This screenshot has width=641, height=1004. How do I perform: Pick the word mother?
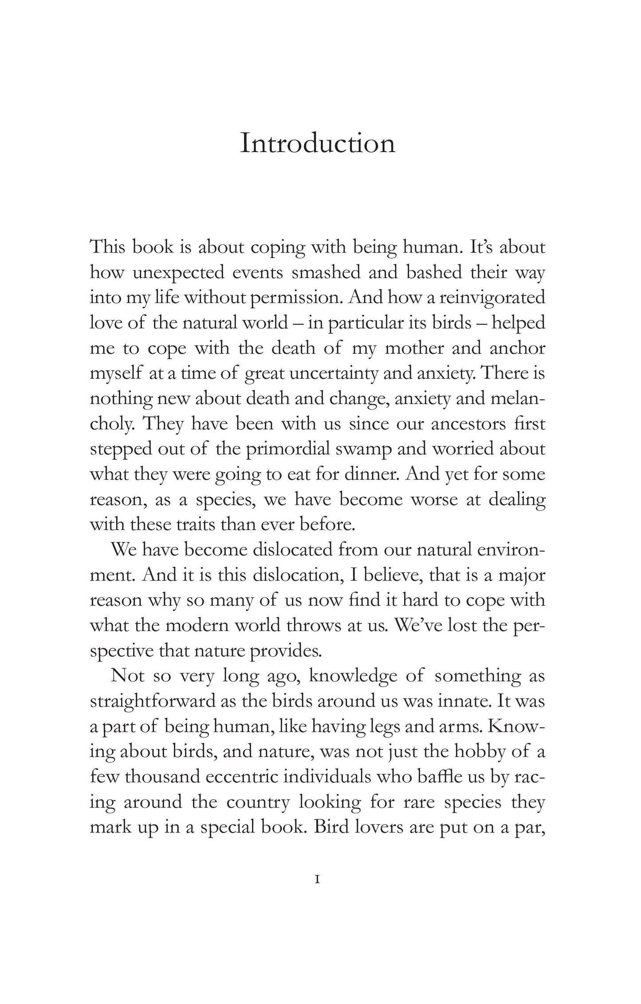414,348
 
